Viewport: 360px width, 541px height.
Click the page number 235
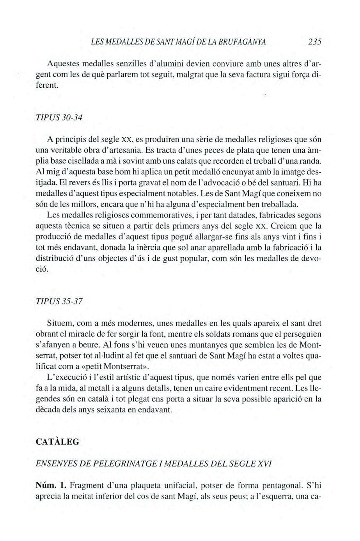(312, 42)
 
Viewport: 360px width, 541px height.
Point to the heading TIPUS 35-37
(59, 302)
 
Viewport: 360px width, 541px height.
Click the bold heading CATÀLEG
(57, 442)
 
